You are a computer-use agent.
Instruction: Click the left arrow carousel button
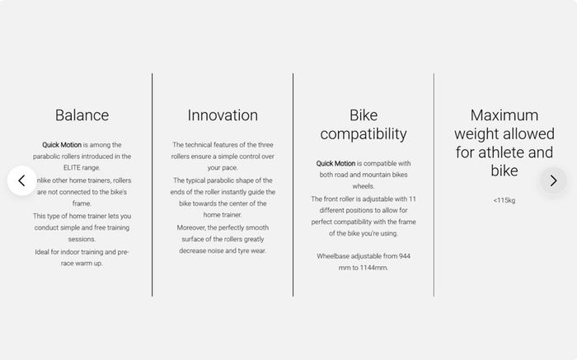(x=21, y=180)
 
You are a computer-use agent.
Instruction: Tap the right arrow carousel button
(x=553, y=180)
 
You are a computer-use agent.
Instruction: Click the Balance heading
(x=82, y=115)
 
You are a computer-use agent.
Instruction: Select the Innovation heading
(x=223, y=115)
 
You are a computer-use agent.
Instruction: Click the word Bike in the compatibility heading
(x=364, y=115)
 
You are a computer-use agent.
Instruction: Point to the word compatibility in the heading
(x=364, y=133)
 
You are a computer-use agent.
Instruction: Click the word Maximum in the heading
(x=504, y=115)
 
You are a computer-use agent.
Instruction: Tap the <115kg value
(x=504, y=200)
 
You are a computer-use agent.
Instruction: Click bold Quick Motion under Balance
(x=62, y=145)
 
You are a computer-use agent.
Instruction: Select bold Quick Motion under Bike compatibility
(x=335, y=163)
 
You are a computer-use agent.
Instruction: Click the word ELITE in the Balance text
(x=72, y=168)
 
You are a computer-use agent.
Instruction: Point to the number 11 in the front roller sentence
(x=412, y=199)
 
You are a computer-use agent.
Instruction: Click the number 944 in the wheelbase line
(x=405, y=256)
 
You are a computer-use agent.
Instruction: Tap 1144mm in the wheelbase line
(x=373, y=268)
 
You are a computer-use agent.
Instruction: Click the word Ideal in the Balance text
(x=42, y=252)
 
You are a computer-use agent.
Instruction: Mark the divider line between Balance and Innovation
(x=152, y=185)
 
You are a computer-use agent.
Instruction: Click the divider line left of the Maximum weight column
(x=434, y=185)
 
